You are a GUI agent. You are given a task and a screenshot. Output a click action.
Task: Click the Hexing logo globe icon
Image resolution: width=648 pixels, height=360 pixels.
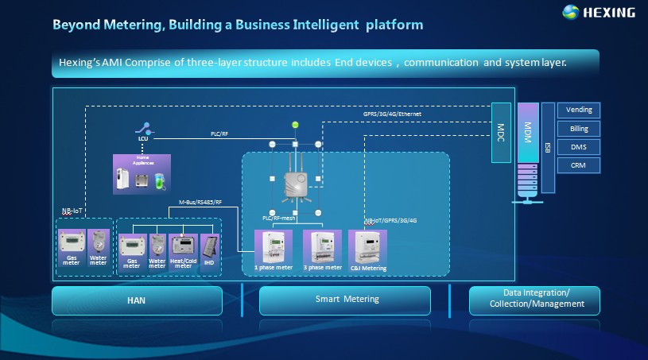572,12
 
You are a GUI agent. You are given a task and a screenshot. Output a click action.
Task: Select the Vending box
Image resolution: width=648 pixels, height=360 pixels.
578,110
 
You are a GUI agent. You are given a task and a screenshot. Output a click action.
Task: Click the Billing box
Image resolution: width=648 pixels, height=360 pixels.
578,128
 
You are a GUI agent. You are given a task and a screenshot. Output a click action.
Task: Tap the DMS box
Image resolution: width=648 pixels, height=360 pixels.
578,147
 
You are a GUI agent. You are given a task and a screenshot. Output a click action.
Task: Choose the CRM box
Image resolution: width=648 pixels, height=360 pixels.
578,165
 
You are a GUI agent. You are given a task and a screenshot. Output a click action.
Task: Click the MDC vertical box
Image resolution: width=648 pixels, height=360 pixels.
501,133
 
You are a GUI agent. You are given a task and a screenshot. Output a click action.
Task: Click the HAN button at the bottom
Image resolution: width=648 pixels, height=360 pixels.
137,301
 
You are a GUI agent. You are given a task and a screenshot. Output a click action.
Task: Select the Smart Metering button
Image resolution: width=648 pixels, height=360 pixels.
344,300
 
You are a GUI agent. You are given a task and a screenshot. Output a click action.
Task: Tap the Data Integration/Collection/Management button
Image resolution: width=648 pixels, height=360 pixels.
534,300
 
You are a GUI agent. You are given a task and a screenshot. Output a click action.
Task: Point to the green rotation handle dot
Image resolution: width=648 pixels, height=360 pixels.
295,125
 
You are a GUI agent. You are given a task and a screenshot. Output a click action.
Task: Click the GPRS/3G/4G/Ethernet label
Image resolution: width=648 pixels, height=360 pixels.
391,115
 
